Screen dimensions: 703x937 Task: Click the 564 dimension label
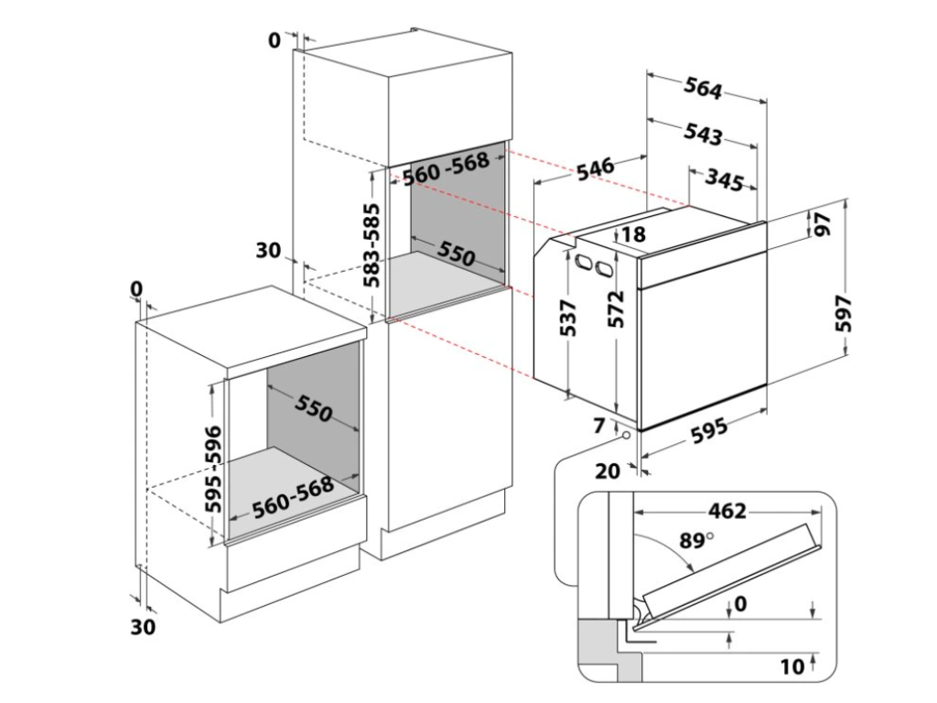(x=703, y=88)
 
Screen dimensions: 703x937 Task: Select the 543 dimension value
(x=703, y=134)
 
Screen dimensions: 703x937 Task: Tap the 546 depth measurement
(x=595, y=172)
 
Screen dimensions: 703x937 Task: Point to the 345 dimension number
(x=724, y=180)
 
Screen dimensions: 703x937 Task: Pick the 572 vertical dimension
(x=618, y=309)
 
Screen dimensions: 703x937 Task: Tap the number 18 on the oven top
(x=633, y=235)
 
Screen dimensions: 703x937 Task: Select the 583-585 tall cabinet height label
(x=373, y=245)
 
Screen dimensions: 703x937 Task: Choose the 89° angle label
(x=695, y=540)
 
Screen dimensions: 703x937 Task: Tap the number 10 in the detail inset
(x=793, y=665)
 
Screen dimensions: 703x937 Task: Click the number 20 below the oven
(x=607, y=471)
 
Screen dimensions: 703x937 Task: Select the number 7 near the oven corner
(x=599, y=425)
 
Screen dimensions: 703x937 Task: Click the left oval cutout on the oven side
(x=583, y=263)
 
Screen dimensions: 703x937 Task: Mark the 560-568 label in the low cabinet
(x=293, y=499)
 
